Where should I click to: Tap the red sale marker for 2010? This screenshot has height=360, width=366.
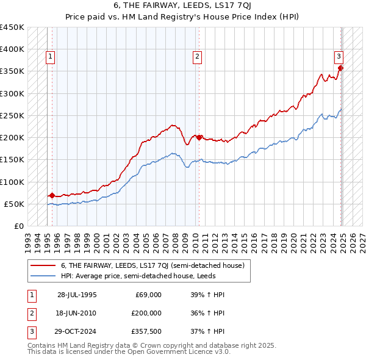199,137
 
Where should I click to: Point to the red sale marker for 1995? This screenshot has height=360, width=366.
52,196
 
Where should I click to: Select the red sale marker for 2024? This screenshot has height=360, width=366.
340,68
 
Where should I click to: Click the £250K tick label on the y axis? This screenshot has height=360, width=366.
12,115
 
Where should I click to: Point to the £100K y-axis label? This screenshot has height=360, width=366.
12,182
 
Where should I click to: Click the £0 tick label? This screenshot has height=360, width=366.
19,226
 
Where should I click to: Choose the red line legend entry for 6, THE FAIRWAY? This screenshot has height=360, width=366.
152,265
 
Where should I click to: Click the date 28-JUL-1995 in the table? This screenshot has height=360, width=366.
77,295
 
